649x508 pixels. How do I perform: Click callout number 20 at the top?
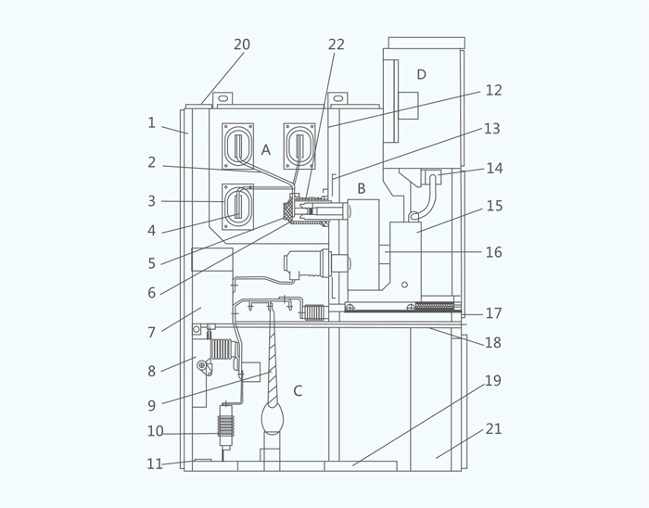pyautogui.click(x=242, y=44)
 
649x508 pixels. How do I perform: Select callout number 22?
pyautogui.click(x=336, y=44)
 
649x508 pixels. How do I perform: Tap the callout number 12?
pyautogui.click(x=493, y=90)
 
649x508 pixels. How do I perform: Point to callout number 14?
pyautogui.click(x=494, y=168)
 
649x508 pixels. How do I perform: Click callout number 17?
pyautogui.click(x=494, y=313)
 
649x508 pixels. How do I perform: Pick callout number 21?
pyautogui.click(x=493, y=429)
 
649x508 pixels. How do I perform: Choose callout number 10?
pyautogui.click(x=155, y=431)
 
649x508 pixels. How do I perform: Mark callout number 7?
pyautogui.click(x=151, y=333)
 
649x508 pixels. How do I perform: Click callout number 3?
pyautogui.click(x=151, y=201)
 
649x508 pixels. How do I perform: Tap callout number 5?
pyautogui.click(x=151, y=263)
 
